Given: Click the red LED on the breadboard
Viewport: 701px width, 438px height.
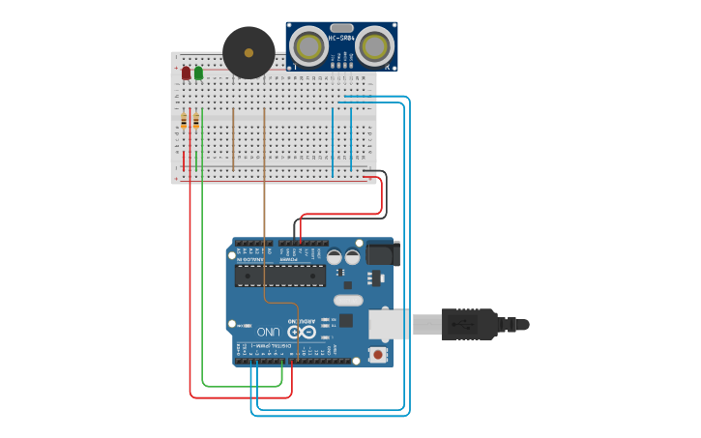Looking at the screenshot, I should tap(186, 73).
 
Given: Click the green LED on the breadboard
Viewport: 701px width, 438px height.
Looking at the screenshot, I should tap(198, 73).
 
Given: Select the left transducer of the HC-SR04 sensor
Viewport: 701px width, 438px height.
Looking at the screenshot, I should tap(309, 45).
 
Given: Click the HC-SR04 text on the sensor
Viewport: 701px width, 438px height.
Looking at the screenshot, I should tap(341, 38).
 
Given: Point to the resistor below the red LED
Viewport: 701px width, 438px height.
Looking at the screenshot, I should tap(184, 121).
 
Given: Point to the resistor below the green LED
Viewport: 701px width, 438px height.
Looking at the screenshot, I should tap(196, 121).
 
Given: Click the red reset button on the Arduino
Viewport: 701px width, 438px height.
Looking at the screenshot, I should tap(377, 355).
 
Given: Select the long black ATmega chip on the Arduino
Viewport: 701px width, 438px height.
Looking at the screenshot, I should tap(280, 277).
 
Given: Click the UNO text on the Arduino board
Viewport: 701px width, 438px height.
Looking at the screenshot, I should tap(268, 332).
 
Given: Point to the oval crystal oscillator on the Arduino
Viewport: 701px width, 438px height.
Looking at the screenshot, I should tap(350, 301).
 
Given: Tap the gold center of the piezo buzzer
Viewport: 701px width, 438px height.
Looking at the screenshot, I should tap(248, 53).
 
